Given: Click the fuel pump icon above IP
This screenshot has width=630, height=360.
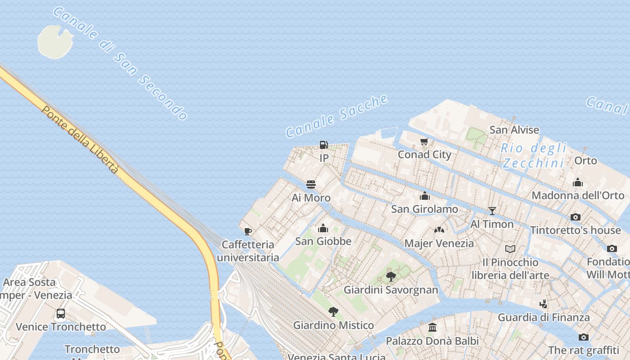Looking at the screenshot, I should tap(324, 145).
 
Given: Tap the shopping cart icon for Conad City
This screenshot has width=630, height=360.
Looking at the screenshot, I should tap(424, 142).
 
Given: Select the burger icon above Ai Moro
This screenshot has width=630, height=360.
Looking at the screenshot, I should tap(311, 184).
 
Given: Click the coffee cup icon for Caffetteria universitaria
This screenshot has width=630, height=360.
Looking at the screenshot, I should tap(247, 232).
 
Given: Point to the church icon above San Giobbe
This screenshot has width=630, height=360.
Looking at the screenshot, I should tap(323, 228).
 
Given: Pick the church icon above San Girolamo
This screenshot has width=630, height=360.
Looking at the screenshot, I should tap(424, 196).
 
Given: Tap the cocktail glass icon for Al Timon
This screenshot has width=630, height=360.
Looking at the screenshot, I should tap(492, 211).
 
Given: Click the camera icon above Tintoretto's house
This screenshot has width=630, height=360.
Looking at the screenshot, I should tap(575, 217).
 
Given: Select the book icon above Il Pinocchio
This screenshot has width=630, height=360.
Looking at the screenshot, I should tap(510, 249).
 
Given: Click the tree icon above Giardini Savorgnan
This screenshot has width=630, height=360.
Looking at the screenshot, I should tap(391, 276).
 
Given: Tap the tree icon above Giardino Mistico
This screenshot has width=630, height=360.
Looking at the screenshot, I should tap(333, 312).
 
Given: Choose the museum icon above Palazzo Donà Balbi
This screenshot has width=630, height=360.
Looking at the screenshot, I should tap(432, 327).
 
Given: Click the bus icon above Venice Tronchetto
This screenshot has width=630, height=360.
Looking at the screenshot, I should tap(61, 314).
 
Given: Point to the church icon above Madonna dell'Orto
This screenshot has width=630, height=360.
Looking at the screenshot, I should tap(578, 182).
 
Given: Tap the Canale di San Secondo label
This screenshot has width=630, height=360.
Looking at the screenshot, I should tap(120, 63).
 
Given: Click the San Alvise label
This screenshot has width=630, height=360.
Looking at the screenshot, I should tap(514, 130).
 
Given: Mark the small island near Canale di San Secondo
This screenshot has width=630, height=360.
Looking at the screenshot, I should tap(54, 41).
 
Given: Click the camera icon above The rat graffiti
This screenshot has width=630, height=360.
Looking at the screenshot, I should tap(583, 337).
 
